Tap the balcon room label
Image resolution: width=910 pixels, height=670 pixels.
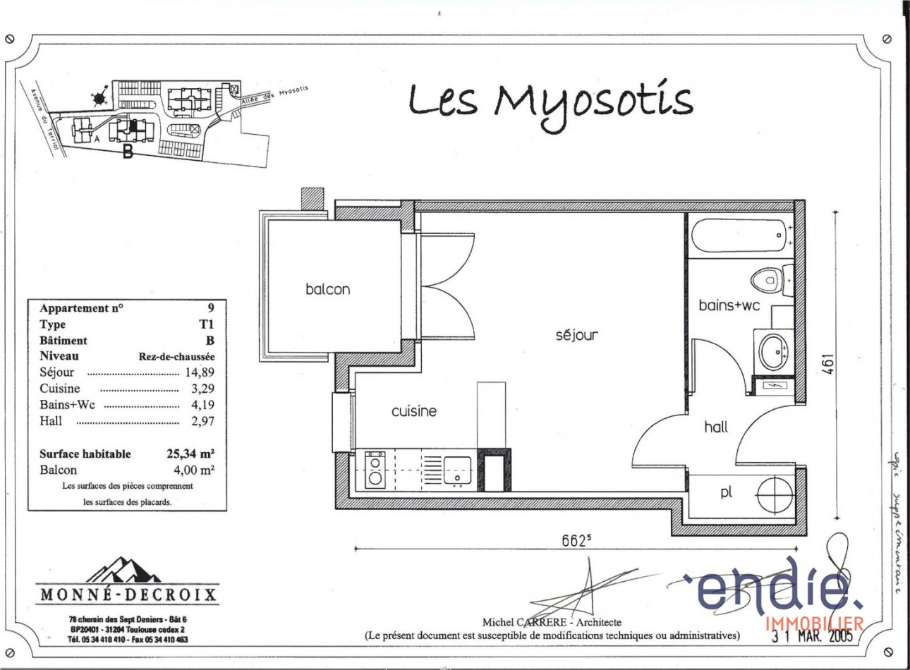point(327,289)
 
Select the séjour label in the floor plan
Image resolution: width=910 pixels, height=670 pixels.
point(576,335)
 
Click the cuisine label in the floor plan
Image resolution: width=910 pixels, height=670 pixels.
point(413,411)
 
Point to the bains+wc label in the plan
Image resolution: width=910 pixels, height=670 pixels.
point(729,305)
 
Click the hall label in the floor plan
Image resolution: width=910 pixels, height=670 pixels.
point(715,427)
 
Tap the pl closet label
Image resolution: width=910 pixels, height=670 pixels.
point(726,492)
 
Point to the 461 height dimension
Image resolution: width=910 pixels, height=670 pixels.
point(828,364)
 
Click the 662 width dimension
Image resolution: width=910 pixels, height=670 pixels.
point(576,540)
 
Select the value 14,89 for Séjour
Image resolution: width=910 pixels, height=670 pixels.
point(200,372)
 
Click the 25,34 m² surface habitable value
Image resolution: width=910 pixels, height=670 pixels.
point(190,453)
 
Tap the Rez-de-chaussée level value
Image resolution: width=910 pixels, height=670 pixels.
point(176,357)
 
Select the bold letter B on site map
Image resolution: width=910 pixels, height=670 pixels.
point(128,151)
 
